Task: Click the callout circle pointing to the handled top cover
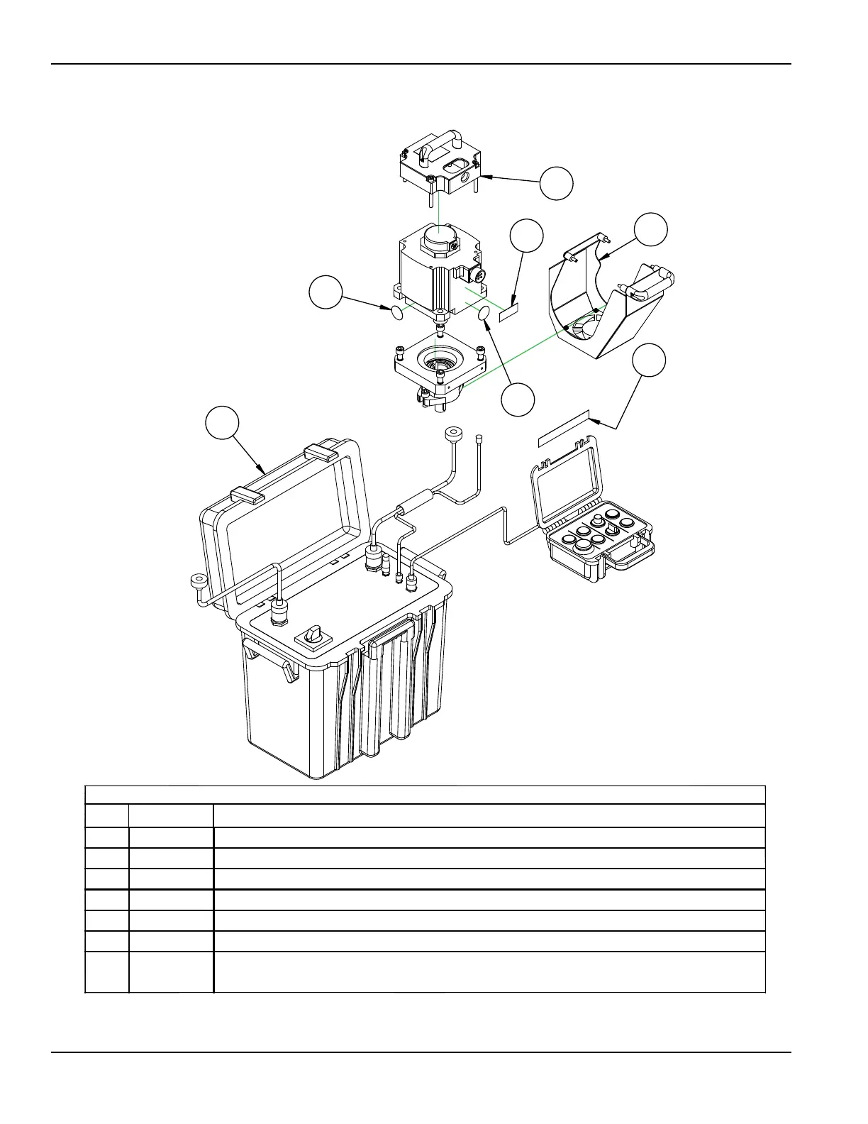click(x=556, y=183)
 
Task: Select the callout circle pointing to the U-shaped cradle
click(x=650, y=229)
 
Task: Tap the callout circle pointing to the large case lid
click(x=222, y=423)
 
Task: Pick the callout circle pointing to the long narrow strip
click(x=650, y=361)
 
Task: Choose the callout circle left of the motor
click(x=326, y=292)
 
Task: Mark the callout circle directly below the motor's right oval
click(x=518, y=400)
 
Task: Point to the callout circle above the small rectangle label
click(x=527, y=236)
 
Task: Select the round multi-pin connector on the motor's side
click(x=477, y=275)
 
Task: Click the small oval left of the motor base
click(x=397, y=311)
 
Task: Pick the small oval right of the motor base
click(x=486, y=314)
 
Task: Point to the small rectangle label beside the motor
click(x=509, y=312)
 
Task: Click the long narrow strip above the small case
click(x=564, y=428)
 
